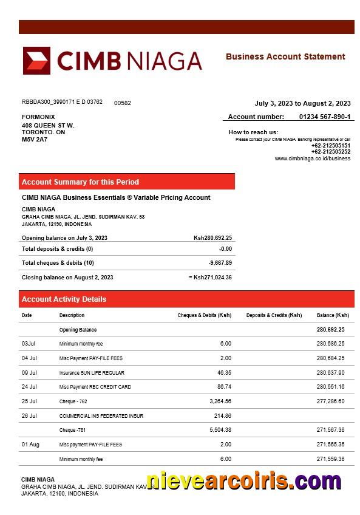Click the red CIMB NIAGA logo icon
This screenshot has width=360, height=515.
pyautogui.click(x=36, y=61)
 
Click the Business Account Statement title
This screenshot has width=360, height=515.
pyautogui.click(x=285, y=56)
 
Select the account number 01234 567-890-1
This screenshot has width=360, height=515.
pyautogui.click(x=325, y=117)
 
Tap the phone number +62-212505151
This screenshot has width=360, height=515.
pyautogui.click(x=331, y=146)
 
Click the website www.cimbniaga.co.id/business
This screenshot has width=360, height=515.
pyautogui.click(x=313, y=159)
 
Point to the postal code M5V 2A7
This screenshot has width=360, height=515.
pyautogui.click(x=35, y=139)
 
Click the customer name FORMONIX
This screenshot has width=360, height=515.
pyautogui.click(x=38, y=117)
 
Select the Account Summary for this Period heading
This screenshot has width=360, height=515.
pyautogui.click(x=80, y=182)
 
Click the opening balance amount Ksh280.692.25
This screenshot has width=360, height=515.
pyautogui.click(x=212, y=238)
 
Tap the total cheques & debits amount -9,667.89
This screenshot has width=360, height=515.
pyautogui.click(x=220, y=263)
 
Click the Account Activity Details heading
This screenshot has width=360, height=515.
pyautogui.click(x=64, y=299)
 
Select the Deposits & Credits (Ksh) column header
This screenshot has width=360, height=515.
pyautogui.click(x=274, y=315)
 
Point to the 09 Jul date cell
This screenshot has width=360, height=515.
pyautogui.click(x=29, y=373)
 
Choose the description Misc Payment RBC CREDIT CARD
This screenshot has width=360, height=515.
pyautogui.click(x=95, y=387)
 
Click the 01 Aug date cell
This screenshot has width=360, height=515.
pyautogui.click(x=30, y=445)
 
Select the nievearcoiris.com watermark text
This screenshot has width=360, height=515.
pyautogui.click(x=243, y=481)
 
